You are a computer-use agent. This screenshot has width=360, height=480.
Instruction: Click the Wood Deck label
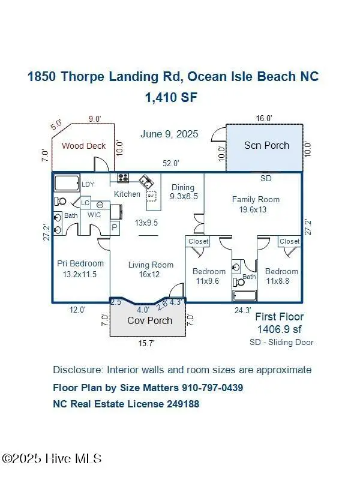pos(83,145)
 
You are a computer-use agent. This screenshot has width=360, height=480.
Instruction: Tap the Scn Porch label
pos(266,145)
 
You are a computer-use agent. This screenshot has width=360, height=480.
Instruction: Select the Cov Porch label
pos(149,320)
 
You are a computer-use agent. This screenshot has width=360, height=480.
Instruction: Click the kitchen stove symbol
pos(123,178)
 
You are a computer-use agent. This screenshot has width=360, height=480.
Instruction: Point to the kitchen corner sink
pos(146,181)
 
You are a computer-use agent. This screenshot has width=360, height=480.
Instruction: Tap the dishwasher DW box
pos(152,196)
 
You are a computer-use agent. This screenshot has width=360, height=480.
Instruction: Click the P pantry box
pos(115,227)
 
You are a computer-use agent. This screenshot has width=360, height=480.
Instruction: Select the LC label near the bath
pos(85,203)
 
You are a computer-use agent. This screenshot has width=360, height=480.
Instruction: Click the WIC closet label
pos(95,215)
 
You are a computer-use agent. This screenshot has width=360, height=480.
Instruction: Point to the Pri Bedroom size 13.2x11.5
pos(80,274)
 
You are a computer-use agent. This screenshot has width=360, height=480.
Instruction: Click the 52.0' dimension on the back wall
pos(172,163)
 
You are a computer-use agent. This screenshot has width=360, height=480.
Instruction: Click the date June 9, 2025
pos(169,134)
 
